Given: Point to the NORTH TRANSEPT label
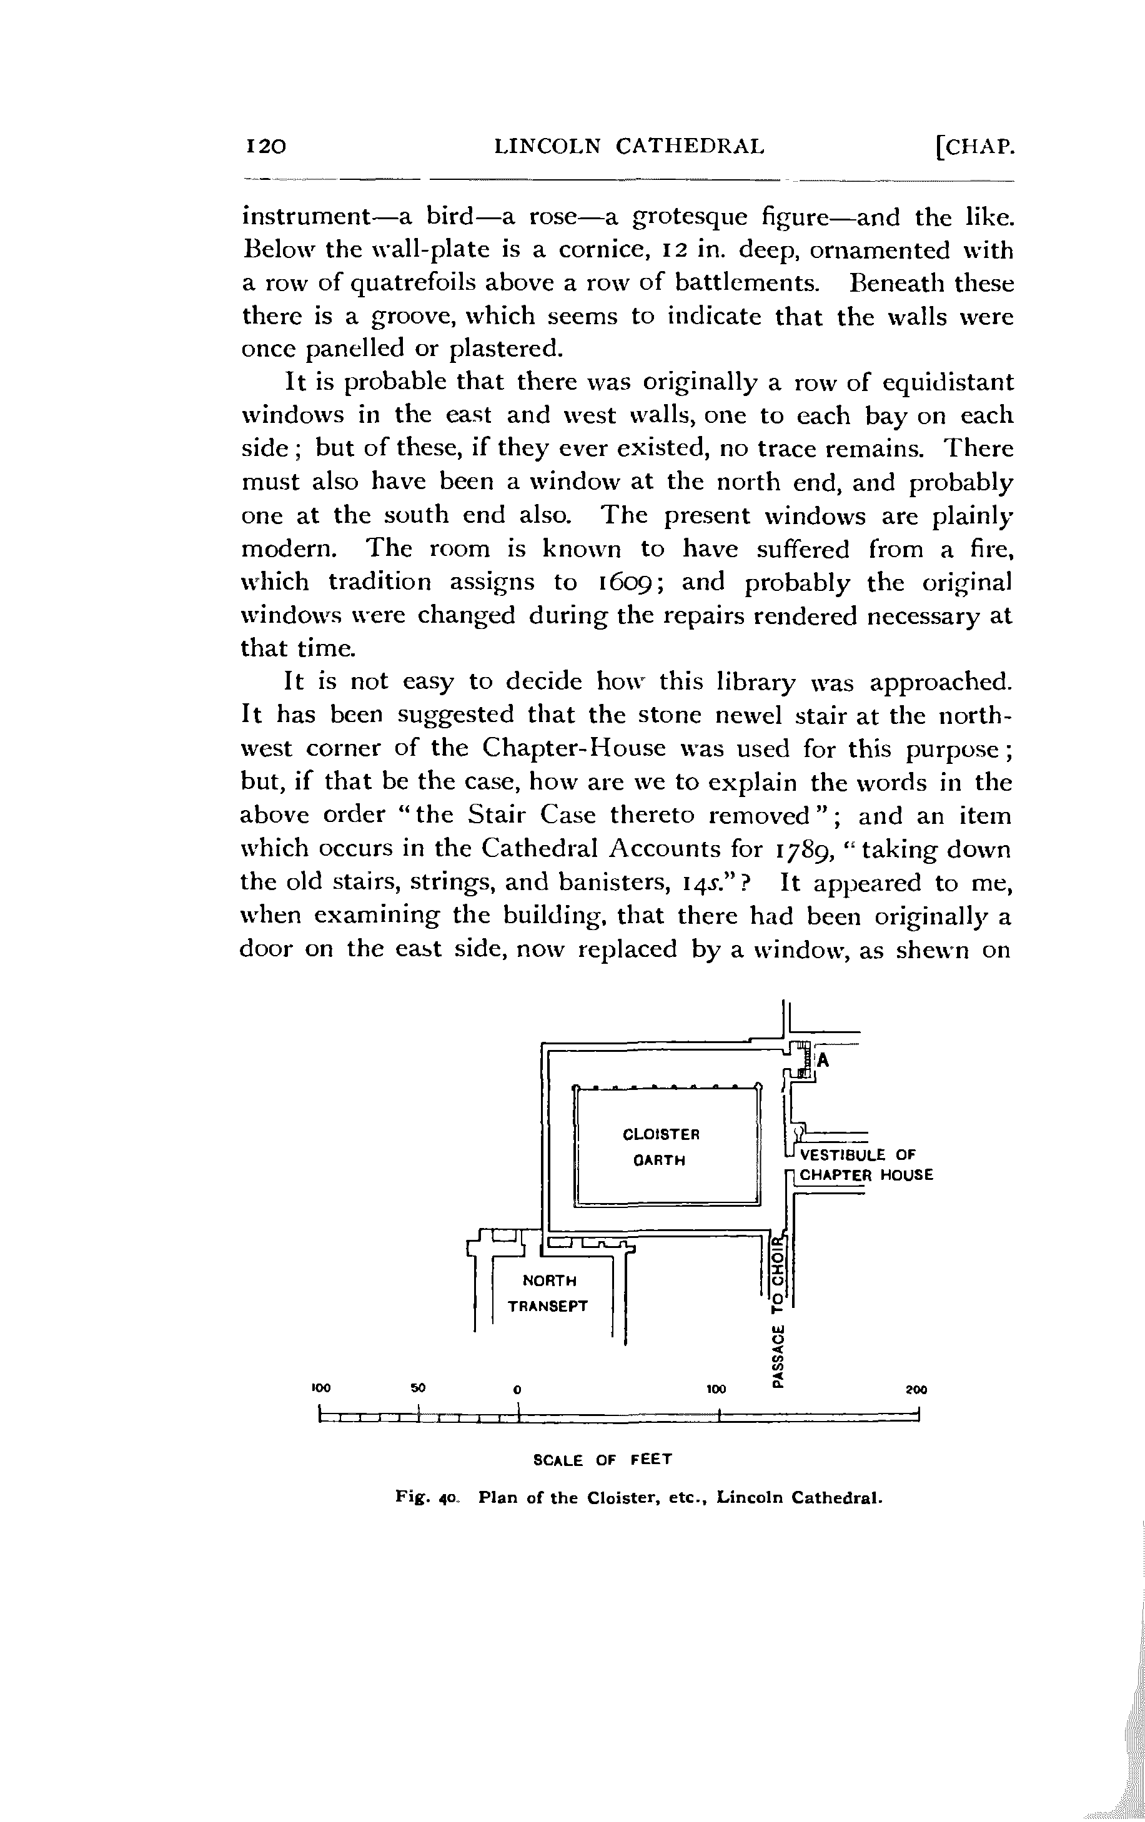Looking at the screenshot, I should click(548, 1293).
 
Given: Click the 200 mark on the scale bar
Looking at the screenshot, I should click(916, 1390).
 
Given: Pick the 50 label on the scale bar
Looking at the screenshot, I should click(419, 1389).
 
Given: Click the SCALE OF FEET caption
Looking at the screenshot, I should click(602, 1460).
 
